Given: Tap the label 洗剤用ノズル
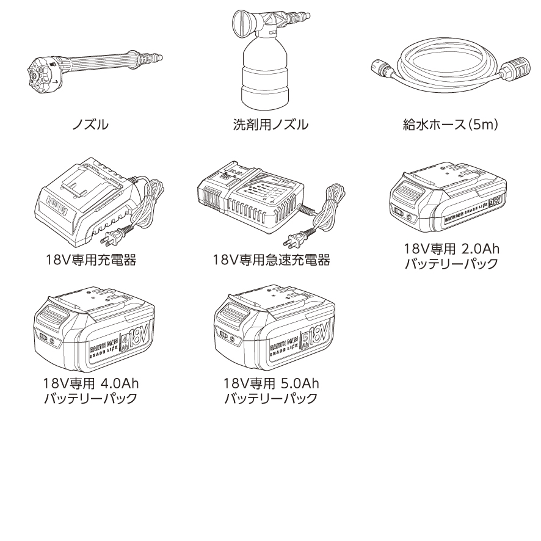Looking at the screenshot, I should [x=270, y=126].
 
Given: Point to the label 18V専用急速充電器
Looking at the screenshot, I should [x=270, y=261].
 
